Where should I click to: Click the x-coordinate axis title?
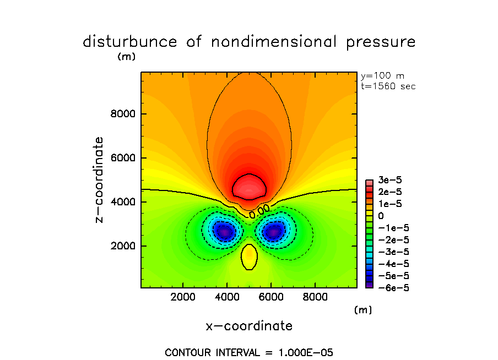[249, 326]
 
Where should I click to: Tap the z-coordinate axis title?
[99, 180]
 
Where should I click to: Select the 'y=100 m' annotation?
[382, 76]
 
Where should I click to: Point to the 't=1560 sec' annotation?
[388, 86]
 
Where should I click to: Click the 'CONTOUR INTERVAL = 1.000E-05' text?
[249, 352]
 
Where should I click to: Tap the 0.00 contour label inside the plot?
[259, 210]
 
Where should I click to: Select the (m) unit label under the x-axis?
[362, 310]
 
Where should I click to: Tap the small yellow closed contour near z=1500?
[249, 257]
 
